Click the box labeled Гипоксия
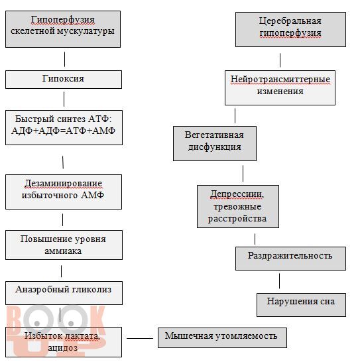click(x=64, y=80)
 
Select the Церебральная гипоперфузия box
click(x=290, y=29)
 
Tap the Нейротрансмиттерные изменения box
click(x=280, y=88)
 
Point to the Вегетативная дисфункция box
click(x=215, y=143)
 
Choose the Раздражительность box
click(x=290, y=259)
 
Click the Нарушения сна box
click(x=301, y=305)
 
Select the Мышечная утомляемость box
click(x=222, y=337)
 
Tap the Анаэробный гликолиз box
click(x=64, y=293)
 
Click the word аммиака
click(x=63, y=251)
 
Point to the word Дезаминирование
click(x=63, y=184)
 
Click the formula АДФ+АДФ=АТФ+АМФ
click(x=63, y=131)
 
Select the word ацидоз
click(x=63, y=347)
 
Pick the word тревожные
click(x=237, y=206)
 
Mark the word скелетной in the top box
click(x=32, y=31)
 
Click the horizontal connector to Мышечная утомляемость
click(x=140, y=338)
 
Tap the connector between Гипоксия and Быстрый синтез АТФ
click(x=64, y=99)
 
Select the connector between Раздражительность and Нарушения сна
click(x=279, y=281)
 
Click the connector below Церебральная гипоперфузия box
click(x=280, y=60)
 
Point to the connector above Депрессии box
click(x=243, y=174)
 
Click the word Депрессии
click(x=237, y=194)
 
